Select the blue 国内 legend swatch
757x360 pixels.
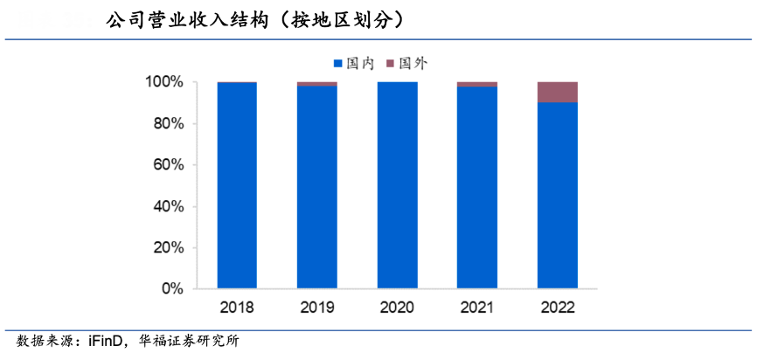[337, 64]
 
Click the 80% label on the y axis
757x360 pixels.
[166, 124]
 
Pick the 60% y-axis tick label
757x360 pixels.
[166, 165]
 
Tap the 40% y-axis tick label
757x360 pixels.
[166, 207]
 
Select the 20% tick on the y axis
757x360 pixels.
[166, 248]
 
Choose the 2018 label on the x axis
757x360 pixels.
[237, 308]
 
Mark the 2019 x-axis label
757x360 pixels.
[317, 308]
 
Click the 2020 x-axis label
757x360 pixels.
[397, 308]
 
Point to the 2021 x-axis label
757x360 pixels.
[477, 308]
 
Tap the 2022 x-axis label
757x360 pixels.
[557, 308]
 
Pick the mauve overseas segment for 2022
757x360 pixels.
[557, 92]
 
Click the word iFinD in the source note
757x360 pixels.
[108, 341]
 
